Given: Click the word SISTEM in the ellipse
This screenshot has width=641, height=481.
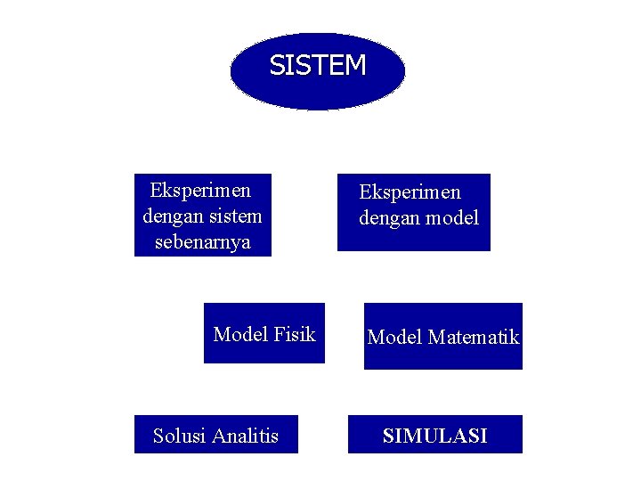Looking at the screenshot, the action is [x=318, y=65].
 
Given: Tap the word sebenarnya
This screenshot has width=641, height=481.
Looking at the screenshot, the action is [x=202, y=242].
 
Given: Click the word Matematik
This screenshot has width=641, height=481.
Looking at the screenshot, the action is [x=473, y=337].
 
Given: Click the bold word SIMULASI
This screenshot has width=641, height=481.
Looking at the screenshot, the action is [x=434, y=436].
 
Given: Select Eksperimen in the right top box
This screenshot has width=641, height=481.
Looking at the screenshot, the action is [x=410, y=192].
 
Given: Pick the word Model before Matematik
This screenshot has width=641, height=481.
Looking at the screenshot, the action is [x=394, y=337].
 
